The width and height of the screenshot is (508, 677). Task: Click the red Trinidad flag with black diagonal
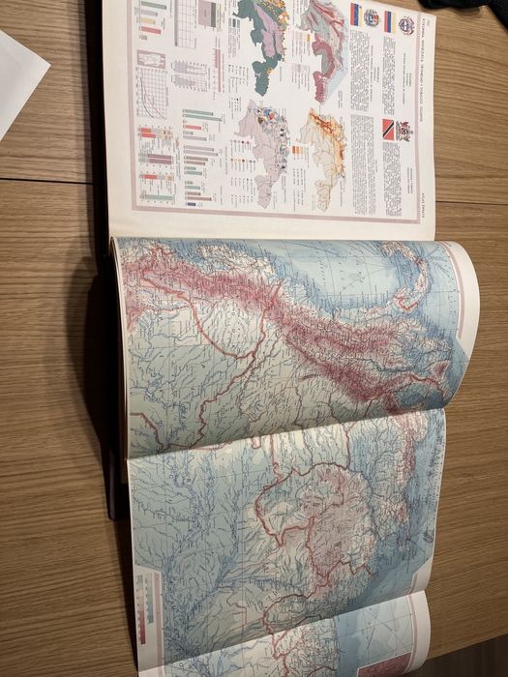coord(389,131)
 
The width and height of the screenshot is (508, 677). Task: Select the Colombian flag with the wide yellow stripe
coord(356,15)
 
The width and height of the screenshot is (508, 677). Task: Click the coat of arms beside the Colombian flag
coord(372,17)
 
